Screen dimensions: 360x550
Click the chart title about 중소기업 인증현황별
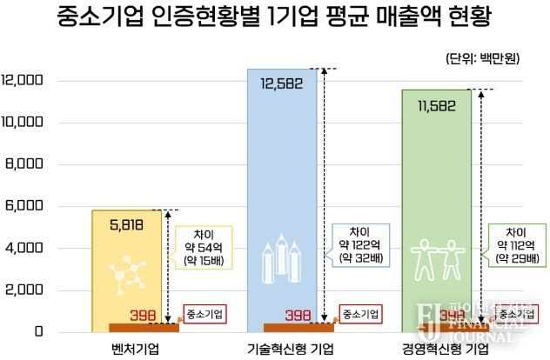click(275, 17)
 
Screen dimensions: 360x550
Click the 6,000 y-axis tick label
click(24, 206)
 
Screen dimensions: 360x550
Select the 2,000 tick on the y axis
click(24, 290)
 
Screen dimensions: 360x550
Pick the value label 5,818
click(127, 224)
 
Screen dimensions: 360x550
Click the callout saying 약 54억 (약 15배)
click(203, 246)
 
